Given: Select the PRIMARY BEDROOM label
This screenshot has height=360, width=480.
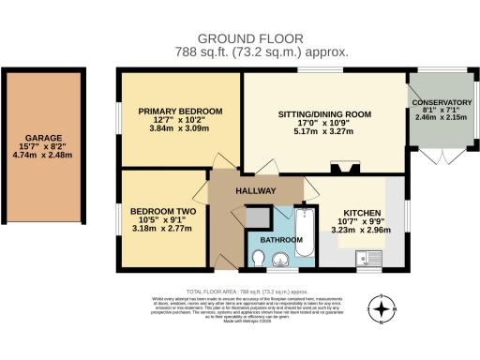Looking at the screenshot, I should [x=180, y=112].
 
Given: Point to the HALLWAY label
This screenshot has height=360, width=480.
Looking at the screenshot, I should [x=255, y=190].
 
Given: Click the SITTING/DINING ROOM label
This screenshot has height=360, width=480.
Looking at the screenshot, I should [x=324, y=114].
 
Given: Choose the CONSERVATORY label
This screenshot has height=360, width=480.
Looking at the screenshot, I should [x=440, y=102].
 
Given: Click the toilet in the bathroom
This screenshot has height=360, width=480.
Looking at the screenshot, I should [x=261, y=258].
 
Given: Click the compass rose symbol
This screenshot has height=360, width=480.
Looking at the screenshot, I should [x=381, y=307].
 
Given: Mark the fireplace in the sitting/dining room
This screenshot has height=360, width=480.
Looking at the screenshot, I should [x=341, y=169].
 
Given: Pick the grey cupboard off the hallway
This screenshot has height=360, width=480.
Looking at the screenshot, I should [x=254, y=216].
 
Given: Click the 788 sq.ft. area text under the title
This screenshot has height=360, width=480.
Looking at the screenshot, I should [x=240, y=53].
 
